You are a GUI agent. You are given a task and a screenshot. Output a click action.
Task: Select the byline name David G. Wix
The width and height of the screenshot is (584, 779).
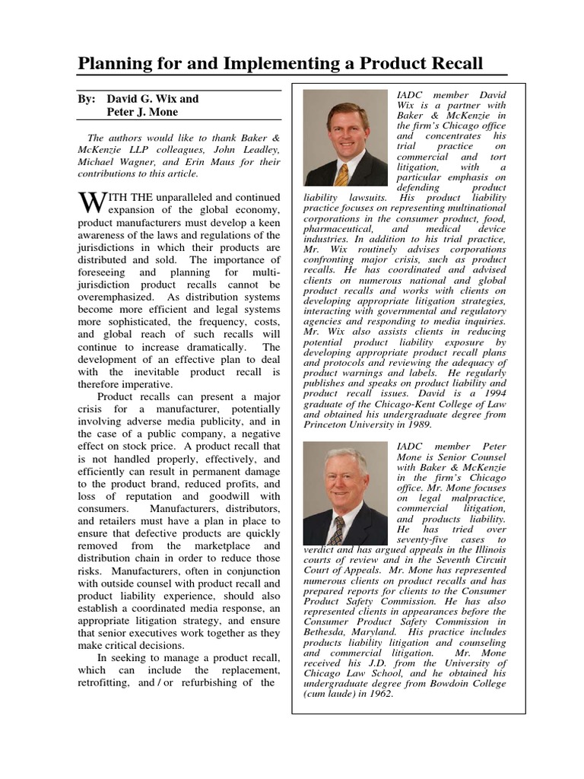(x=152, y=99)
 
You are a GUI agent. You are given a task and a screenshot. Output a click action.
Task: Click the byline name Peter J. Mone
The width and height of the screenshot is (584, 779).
(x=142, y=112)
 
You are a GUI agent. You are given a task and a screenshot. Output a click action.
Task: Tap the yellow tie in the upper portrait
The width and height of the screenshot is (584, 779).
(x=342, y=174)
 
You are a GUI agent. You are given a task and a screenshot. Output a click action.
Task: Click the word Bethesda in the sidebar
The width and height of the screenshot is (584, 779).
(x=325, y=631)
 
